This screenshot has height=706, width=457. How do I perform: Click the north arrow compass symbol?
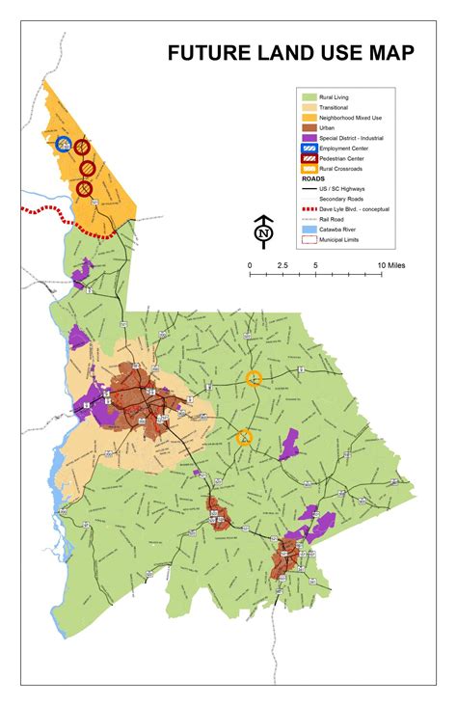pyautogui.click(x=262, y=231)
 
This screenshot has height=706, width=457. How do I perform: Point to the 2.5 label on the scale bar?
pyautogui.click(x=282, y=264)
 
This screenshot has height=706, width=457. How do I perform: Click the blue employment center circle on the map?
pyautogui.click(x=64, y=146)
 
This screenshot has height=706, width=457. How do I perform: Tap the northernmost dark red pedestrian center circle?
pyautogui.click(x=82, y=148)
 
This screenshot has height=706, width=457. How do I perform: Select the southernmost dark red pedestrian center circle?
pyautogui.click(x=85, y=190)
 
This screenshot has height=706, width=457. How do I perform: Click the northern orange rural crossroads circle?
pyautogui.click(x=254, y=378)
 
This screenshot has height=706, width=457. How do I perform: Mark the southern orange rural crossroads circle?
pyautogui.click(x=245, y=438)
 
